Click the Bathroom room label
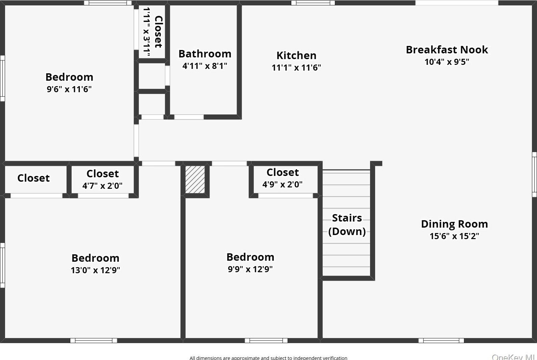[x=205, y=54]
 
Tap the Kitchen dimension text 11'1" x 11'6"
[x=296, y=68]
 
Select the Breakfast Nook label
[x=447, y=50]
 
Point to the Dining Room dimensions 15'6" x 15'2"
[x=454, y=236]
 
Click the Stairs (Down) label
[x=347, y=225]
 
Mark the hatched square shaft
[x=195, y=179]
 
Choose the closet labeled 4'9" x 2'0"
[x=283, y=178]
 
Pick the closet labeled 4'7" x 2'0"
[x=102, y=179]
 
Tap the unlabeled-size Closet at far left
[x=33, y=178]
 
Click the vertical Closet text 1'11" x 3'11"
[x=152, y=32]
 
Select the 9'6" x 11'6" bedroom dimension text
[x=69, y=89]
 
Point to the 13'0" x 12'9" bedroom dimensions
[x=95, y=270]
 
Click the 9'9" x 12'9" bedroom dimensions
[x=250, y=269]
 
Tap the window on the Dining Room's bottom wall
[x=441, y=340]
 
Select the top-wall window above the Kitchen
[x=313, y=3]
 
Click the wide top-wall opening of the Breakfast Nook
[x=457, y=3]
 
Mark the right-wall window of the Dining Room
[x=534, y=174]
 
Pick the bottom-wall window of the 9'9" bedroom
[x=266, y=340]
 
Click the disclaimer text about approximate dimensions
[x=268, y=358]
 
